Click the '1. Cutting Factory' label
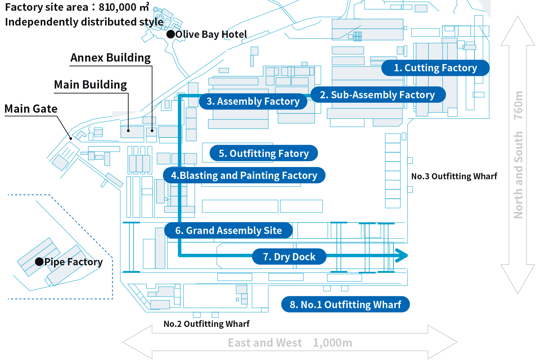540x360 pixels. (435, 68)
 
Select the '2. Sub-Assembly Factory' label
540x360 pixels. (377, 95)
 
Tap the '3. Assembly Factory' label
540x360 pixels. (253, 102)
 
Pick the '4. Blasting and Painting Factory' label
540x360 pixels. (244, 176)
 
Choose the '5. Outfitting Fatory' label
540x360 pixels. (264, 154)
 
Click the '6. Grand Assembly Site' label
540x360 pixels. (228, 231)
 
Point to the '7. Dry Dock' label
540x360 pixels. (289, 257)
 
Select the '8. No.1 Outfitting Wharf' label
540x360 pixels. (345, 305)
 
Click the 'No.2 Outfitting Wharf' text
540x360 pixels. (207, 324)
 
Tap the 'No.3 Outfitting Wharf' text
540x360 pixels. (454, 176)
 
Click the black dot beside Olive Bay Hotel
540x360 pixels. (171, 34)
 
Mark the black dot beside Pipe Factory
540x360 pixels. (39, 262)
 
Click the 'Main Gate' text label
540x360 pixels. (31, 109)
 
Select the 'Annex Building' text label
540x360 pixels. (111, 58)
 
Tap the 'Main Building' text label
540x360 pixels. (90, 85)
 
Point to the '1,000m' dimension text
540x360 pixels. (333, 343)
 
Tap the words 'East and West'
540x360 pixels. (265, 343)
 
